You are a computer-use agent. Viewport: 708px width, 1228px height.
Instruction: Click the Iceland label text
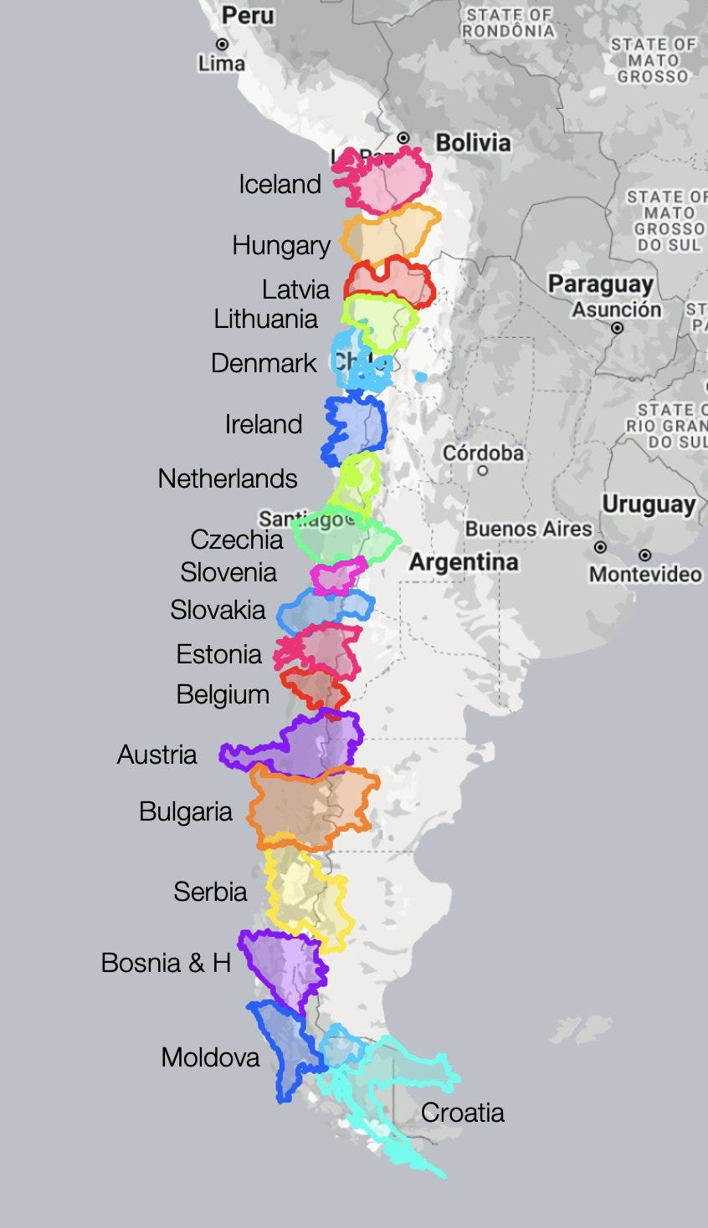pos(280,184)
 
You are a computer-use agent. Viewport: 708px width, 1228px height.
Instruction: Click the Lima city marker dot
pos(222,44)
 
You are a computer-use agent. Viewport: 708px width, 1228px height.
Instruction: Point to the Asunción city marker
pos(617,328)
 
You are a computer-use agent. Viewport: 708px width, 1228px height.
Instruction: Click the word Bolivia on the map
pos(473,143)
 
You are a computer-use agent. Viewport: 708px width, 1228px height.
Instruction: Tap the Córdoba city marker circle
pos(482,470)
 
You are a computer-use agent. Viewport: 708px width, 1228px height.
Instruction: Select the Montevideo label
pos(644,575)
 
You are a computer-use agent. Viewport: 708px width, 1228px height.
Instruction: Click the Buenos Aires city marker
pos(600,547)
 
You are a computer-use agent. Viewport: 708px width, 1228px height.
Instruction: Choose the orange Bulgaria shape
pos(310,807)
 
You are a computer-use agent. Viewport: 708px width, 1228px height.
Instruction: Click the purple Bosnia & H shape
pos(285,966)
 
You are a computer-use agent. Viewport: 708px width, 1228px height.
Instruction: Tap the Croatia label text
pos(462,1113)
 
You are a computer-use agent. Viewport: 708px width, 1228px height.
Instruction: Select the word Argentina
pos(464,562)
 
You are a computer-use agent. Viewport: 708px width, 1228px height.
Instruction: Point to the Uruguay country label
pos(649,505)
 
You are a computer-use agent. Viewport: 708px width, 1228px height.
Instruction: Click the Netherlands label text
pos(228,478)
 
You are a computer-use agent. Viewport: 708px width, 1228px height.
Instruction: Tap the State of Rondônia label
pos(509,23)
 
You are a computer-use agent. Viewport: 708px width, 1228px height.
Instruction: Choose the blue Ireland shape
pos(356,427)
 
